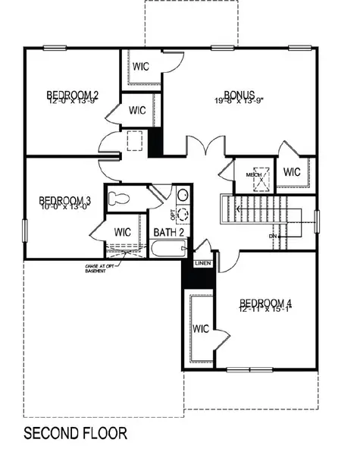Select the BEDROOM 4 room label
pyautogui.click(x=265, y=303)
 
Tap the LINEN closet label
pyautogui.click(x=202, y=262)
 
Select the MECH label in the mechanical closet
pyautogui.click(x=253, y=175)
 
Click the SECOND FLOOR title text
pyautogui.click(x=75, y=435)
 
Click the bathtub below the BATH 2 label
pyautogui.click(x=167, y=249)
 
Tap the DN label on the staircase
pyautogui.click(x=273, y=237)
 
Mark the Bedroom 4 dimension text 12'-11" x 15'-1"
pyautogui.click(x=265, y=309)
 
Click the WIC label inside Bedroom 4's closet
pyautogui.click(x=201, y=329)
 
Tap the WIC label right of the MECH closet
pyautogui.click(x=293, y=172)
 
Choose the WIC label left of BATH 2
pyautogui.click(x=123, y=231)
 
